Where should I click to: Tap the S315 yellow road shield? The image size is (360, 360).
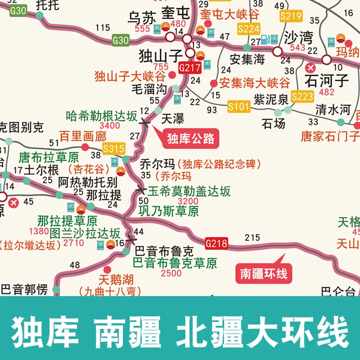114,148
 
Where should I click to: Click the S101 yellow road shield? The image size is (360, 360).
239,106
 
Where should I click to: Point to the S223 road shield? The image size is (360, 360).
302,96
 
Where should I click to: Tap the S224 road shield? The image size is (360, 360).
249,29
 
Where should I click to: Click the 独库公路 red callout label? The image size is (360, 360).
190,139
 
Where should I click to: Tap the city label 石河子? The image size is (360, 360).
328,79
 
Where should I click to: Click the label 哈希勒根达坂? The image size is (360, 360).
102,116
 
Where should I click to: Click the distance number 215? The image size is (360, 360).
252,237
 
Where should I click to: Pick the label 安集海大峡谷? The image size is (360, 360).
254,83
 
